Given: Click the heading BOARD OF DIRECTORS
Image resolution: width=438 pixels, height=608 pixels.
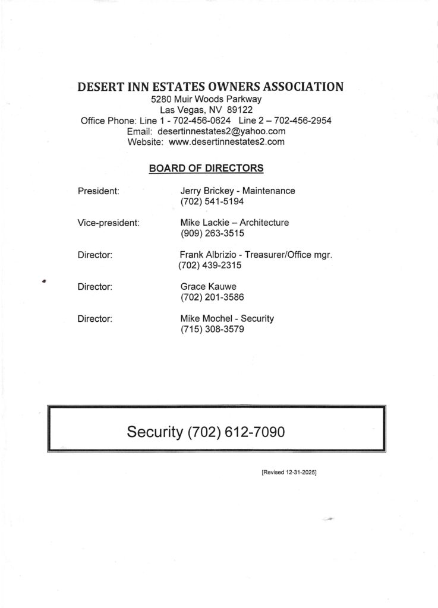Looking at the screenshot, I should [206, 168].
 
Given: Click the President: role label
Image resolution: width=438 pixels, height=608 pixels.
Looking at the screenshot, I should [99, 191].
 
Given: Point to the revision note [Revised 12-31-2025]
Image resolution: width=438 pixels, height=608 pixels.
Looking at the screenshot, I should [288, 473].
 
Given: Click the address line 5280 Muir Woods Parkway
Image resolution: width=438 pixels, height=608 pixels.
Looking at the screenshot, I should [206, 99].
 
